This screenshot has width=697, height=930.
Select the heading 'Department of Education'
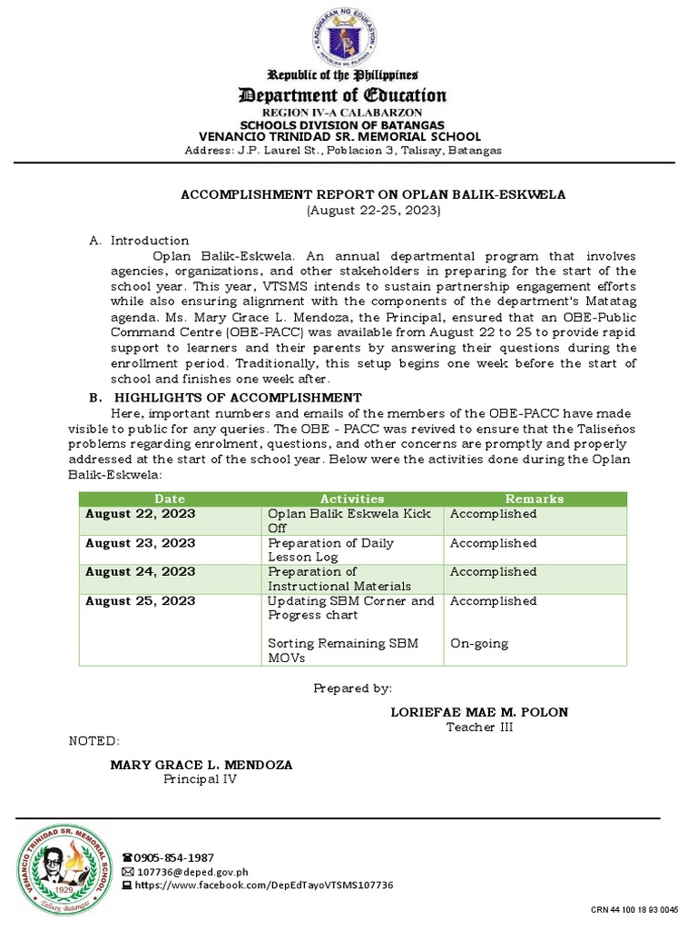[342, 95]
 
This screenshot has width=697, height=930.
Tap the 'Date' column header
[170, 499]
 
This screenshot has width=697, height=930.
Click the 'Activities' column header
[352, 499]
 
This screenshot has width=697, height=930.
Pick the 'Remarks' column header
[535, 499]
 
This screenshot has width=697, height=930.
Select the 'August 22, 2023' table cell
[140, 514]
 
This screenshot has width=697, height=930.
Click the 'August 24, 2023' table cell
[140, 572]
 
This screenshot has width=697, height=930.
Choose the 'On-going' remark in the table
[479, 644]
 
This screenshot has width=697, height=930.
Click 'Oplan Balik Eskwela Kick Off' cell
[350, 520]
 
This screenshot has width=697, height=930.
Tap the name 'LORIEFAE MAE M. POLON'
[479, 712]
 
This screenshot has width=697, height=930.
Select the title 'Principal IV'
[200, 779]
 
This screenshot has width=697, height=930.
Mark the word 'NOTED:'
[94, 741]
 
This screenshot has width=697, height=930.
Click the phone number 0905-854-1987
[173, 857]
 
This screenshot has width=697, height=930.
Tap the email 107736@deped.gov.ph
[191, 871]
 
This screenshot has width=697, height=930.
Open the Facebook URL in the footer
[263, 885]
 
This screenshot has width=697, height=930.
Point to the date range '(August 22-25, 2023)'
[373, 210]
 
